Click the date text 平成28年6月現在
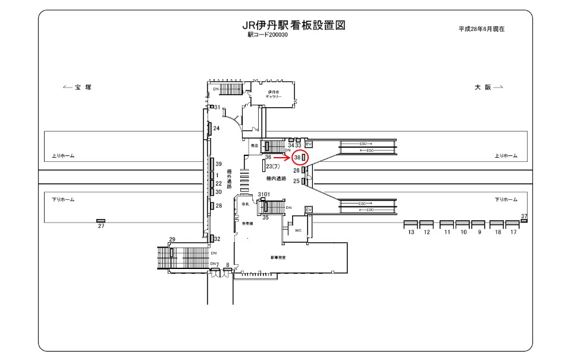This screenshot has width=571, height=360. point(481,29)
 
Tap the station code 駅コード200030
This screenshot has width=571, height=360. point(268,35)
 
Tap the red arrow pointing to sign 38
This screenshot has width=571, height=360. point(282,158)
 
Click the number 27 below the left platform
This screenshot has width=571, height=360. point(101,226)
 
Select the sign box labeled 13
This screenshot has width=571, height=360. point(411,224)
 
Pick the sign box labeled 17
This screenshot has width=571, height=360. point(512,224)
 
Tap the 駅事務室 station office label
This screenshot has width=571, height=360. point(278,258)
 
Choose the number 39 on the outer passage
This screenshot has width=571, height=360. point(218,164)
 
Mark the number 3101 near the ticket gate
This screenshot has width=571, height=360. point(264,195)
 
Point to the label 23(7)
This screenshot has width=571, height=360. point(273,167)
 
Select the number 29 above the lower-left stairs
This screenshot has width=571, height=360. point(172,239)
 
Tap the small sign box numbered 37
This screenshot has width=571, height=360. point(524,220)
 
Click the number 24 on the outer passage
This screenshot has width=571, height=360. point(217,129)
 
